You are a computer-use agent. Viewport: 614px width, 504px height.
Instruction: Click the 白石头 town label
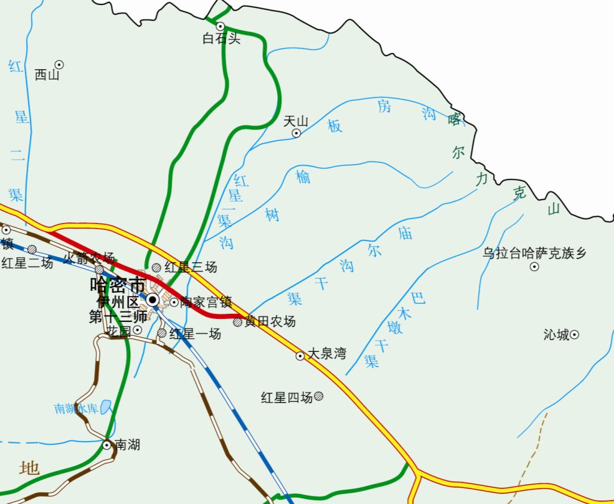(222, 39)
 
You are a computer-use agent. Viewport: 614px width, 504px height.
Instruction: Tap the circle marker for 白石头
(221, 26)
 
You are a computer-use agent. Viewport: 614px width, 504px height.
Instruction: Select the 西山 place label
(46, 75)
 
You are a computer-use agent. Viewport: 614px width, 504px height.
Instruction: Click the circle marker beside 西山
(59, 65)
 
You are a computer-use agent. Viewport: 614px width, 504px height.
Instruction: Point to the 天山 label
(295, 121)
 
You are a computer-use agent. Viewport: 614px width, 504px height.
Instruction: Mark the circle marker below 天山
(296, 133)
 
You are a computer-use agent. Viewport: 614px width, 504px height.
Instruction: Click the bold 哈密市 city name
(117, 284)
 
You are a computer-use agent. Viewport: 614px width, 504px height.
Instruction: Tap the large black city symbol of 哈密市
(153, 299)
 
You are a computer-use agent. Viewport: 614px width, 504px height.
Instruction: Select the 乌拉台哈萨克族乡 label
(535, 253)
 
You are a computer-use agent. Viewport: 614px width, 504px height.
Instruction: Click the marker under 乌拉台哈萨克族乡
(534, 267)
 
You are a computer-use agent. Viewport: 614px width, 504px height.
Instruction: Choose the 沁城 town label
(556, 335)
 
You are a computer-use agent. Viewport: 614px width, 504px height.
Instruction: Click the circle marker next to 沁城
(574, 334)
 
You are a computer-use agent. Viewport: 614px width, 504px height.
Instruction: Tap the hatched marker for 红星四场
(319, 396)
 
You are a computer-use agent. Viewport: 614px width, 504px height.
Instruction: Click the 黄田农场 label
(270, 322)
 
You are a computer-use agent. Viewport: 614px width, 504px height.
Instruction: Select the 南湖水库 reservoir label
(77, 409)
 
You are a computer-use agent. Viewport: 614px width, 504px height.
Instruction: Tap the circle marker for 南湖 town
(107, 445)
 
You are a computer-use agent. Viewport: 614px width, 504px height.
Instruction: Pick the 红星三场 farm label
(190, 267)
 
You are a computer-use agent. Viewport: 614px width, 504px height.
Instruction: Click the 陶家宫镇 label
(206, 303)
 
